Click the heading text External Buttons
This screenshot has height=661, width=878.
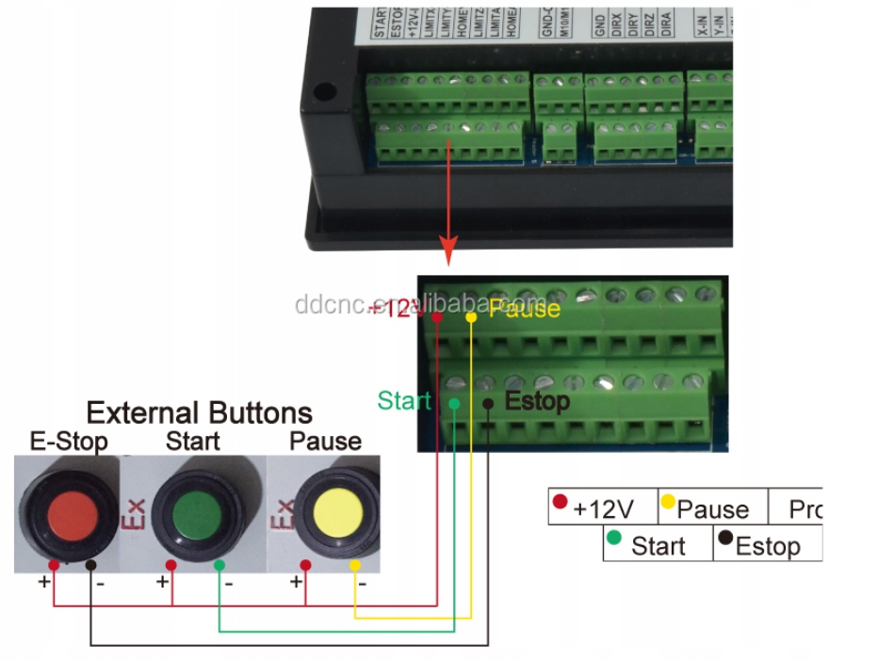click(x=199, y=412)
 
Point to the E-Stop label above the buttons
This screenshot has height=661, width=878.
click(x=68, y=441)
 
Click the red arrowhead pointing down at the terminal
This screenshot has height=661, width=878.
click(x=448, y=251)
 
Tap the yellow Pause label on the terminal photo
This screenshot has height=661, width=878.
click(x=524, y=308)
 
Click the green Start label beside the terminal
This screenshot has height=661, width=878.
click(x=403, y=400)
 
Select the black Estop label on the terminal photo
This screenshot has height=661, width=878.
click(x=537, y=401)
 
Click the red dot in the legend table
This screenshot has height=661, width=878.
click(x=560, y=502)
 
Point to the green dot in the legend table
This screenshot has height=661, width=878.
click(x=614, y=539)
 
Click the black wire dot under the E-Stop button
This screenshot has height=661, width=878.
click(x=90, y=564)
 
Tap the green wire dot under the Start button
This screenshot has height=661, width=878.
click(x=219, y=564)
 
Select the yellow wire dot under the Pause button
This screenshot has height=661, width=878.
click(x=354, y=564)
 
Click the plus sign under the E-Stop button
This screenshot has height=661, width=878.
click(x=43, y=582)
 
